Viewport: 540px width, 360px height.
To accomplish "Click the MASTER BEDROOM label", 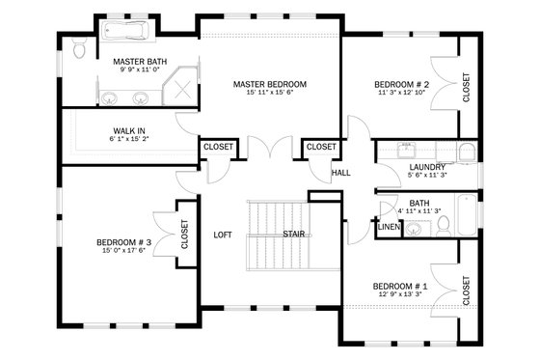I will (269, 85).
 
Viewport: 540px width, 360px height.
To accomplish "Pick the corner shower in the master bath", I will (180, 93).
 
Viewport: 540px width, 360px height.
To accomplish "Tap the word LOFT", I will (223, 235).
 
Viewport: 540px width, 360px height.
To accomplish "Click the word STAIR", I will (294, 235).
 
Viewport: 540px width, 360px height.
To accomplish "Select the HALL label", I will (340, 173).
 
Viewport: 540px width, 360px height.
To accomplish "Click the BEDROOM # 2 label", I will (401, 85).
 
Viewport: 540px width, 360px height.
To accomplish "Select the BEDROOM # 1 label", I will (399, 287).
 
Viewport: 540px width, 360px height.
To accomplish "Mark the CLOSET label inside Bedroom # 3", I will (184, 235).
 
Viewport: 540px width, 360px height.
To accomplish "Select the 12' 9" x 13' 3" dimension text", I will (399, 296).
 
